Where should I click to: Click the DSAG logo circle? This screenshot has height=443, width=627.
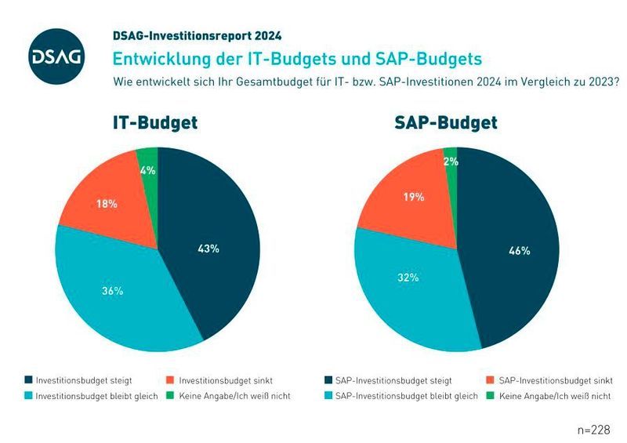pos(56,56)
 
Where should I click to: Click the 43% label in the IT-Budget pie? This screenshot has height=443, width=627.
pos(208,249)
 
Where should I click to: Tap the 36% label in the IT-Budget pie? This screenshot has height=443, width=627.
pos(112,291)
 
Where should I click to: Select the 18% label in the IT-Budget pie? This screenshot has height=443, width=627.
pos(107,204)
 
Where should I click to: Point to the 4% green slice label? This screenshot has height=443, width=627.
pos(148,170)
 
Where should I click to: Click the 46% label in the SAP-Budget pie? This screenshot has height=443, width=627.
pos(519,251)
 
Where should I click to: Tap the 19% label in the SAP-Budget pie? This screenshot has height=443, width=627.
pos(414,198)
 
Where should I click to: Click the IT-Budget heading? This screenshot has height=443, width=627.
pos(153,123)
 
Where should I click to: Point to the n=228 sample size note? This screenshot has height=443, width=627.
pos(591,430)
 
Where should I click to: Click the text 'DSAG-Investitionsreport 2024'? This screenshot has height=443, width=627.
pos(198,36)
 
